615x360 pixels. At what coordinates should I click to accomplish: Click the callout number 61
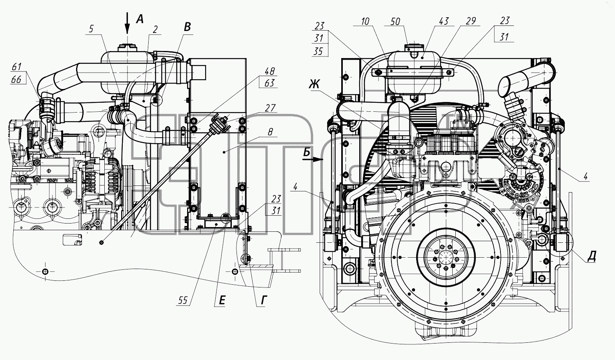(x=17, y=67)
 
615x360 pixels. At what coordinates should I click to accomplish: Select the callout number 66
(x=16, y=79)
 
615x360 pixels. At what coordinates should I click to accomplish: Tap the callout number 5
(x=91, y=29)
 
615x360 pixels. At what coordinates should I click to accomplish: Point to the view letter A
(x=140, y=19)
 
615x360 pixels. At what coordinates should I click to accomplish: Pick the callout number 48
(x=269, y=71)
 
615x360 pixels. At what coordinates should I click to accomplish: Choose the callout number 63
(x=269, y=83)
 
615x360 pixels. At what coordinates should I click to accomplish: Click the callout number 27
(x=270, y=108)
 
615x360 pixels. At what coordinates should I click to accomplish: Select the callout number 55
(x=183, y=300)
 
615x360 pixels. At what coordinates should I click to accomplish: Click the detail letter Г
(x=264, y=300)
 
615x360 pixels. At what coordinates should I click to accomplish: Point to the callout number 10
(x=365, y=21)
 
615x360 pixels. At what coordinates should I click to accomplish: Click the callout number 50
(x=395, y=22)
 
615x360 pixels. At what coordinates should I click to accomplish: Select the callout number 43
(x=444, y=21)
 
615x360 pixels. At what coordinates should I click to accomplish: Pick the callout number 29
(x=471, y=21)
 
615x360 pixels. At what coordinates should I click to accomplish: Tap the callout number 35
(x=318, y=51)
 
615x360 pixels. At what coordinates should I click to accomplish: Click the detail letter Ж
(x=314, y=84)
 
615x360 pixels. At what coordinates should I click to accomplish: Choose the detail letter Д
(x=591, y=256)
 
